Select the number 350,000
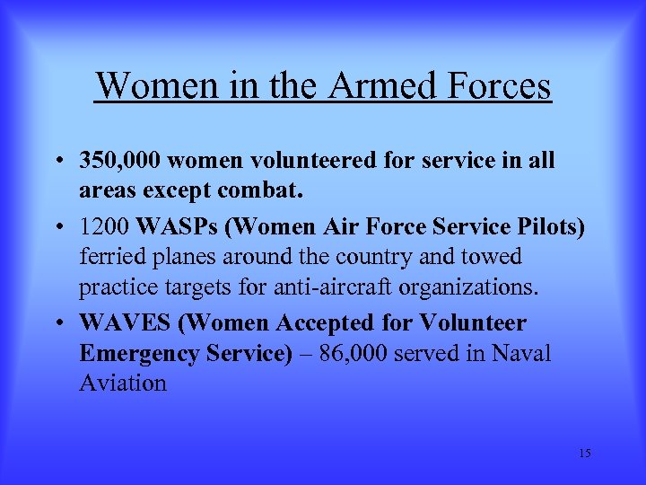[119, 161]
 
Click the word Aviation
[123, 384]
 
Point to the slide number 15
[584, 454]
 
